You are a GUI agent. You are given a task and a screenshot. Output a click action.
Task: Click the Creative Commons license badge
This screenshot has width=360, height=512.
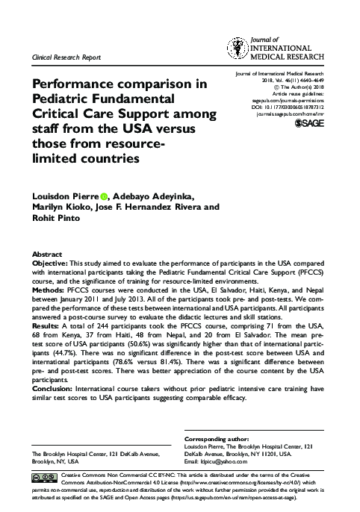coord(44,476)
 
